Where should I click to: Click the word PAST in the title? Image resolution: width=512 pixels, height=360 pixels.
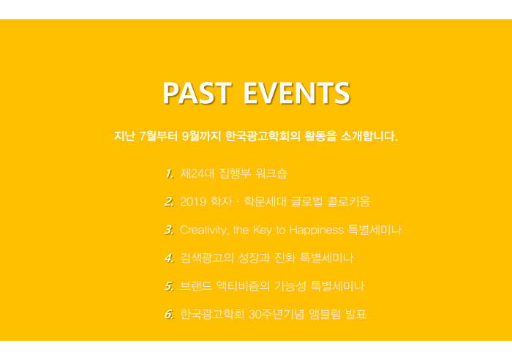pos(197,93)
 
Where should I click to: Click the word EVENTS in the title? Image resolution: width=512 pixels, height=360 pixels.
pos(297,93)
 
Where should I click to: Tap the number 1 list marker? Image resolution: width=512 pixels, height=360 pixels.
pos(169,173)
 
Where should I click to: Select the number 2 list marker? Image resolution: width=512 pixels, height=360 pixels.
pos(169,201)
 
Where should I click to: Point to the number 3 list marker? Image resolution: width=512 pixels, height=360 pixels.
pos(169,230)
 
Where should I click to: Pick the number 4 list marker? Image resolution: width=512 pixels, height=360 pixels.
pos(169,258)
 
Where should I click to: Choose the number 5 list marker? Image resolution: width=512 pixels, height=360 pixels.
pos(169,286)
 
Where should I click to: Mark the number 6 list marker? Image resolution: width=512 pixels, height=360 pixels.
pos(169,314)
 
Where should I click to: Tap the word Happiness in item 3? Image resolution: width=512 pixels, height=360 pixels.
pos(317,230)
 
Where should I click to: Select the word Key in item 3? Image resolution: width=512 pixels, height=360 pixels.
pos(262,230)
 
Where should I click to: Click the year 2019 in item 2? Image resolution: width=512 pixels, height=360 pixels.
pos(193,201)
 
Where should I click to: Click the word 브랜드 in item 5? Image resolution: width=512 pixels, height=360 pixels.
pos(195,286)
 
